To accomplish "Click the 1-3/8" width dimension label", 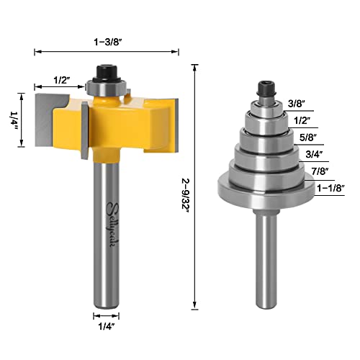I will point(107,42).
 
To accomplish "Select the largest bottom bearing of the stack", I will point(264,188).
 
